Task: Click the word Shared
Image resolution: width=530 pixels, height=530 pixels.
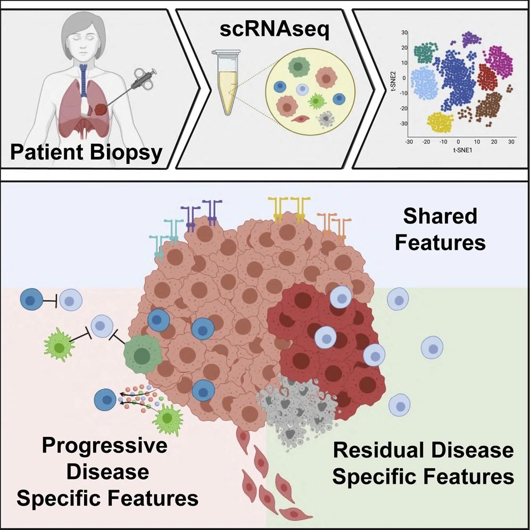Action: pos(440,217)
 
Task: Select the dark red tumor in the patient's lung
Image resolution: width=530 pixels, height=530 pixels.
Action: pos(101,111)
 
